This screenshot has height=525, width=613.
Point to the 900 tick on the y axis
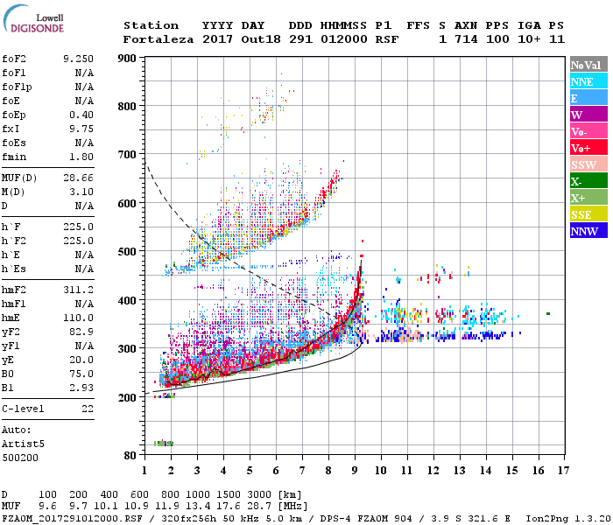(x=128, y=59)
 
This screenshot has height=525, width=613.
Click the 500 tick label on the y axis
(x=128, y=252)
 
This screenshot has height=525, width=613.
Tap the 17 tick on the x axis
(x=561, y=470)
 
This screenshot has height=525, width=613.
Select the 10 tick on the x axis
(x=380, y=470)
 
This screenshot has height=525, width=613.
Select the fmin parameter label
(x=16, y=157)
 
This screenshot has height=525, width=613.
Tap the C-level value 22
(x=87, y=409)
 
